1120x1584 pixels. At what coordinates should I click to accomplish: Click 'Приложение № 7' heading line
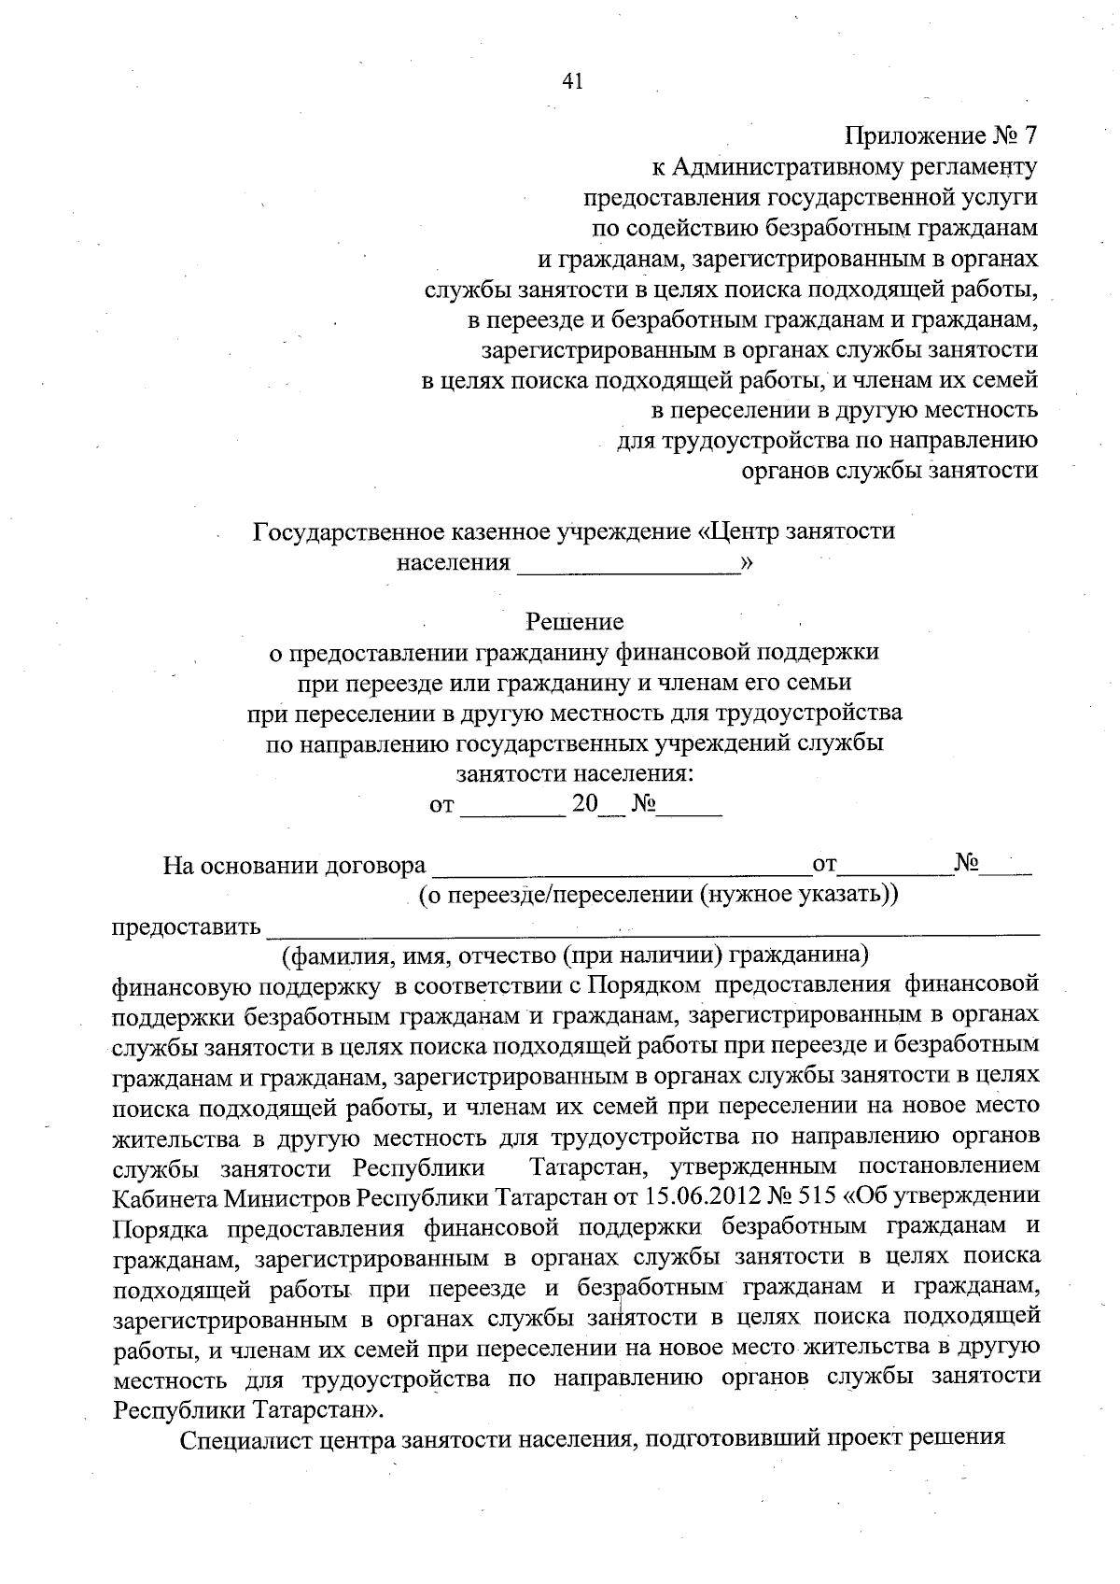click(x=941, y=136)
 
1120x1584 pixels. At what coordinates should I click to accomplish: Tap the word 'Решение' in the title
click(x=575, y=621)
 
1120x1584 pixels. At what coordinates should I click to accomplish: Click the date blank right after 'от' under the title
click(x=512, y=807)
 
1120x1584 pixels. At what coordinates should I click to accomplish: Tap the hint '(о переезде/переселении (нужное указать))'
click(x=658, y=895)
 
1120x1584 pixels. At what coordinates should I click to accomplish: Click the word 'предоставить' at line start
click(x=186, y=927)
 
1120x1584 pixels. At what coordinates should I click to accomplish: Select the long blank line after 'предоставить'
click(x=652, y=929)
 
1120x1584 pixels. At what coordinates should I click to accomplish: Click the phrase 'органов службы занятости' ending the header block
click(x=889, y=470)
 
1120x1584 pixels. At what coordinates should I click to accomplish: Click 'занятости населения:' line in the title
click(x=575, y=774)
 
